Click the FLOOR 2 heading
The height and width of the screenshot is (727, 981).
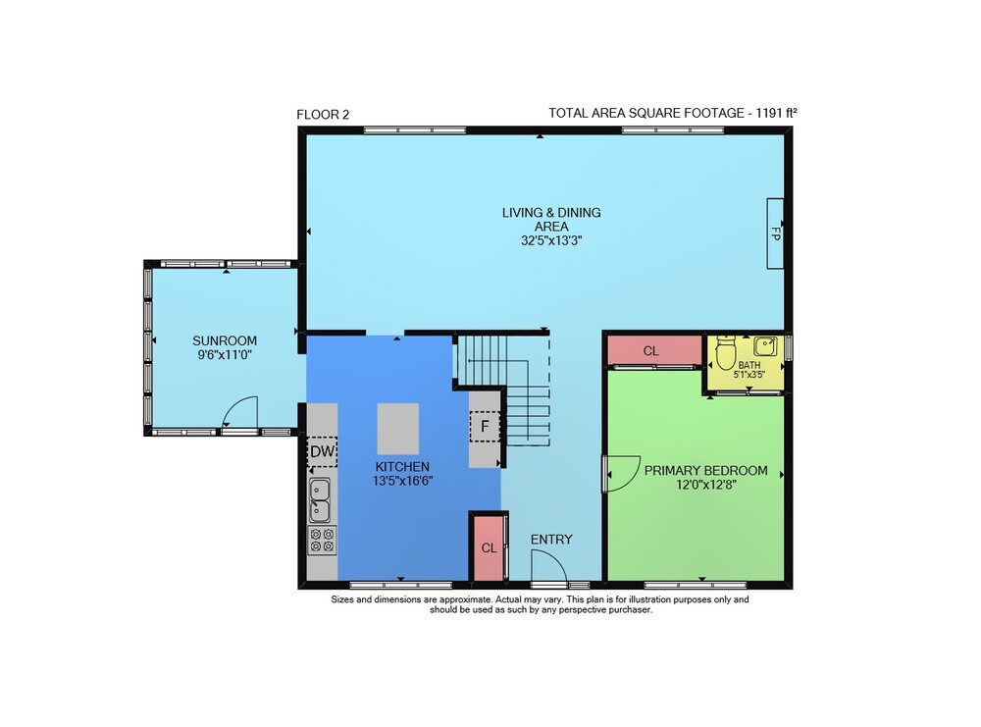[323, 115]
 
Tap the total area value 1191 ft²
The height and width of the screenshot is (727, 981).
[776, 113]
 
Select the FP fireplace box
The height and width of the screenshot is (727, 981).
[775, 234]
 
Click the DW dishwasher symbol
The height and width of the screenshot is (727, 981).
[323, 451]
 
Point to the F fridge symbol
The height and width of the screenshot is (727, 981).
[485, 427]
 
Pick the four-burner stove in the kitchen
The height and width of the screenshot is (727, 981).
[322, 540]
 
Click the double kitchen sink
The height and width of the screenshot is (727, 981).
[321, 500]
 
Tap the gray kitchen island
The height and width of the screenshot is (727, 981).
[398, 429]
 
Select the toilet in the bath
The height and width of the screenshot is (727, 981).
[726, 353]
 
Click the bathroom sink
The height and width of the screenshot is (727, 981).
[765, 346]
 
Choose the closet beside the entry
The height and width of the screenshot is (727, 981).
[488, 547]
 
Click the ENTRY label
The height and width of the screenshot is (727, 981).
[551, 540]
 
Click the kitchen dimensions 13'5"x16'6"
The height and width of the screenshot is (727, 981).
[403, 481]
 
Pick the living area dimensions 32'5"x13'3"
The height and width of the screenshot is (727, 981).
[551, 240]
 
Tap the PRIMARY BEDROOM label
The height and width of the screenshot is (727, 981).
[705, 471]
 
